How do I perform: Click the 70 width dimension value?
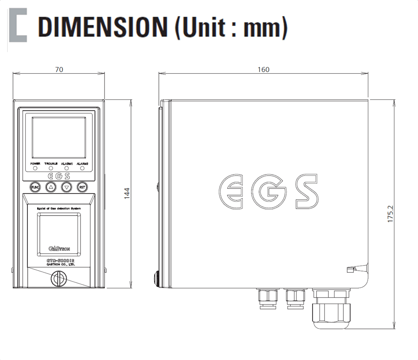pyautogui.click(x=59, y=70)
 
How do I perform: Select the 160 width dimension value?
pyautogui.click(x=263, y=70)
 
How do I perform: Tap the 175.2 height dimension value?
pyautogui.click(x=390, y=214)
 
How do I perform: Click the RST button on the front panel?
pyautogui.click(x=82, y=187)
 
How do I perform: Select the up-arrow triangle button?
pyautogui.click(x=50, y=187)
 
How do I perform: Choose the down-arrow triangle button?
pyautogui.click(x=67, y=187)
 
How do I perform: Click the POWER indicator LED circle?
pyautogui.click(x=35, y=168)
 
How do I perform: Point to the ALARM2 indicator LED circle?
pyautogui.click(x=82, y=168)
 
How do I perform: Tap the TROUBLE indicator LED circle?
pyautogui.click(x=51, y=168)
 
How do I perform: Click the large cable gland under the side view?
pyautogui.click(x=331, y=310)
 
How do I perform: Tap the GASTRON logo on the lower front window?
pyautogui.click(x=56, y=249)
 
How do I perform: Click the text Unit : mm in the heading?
pyautogui.click(x=231, y=27)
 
